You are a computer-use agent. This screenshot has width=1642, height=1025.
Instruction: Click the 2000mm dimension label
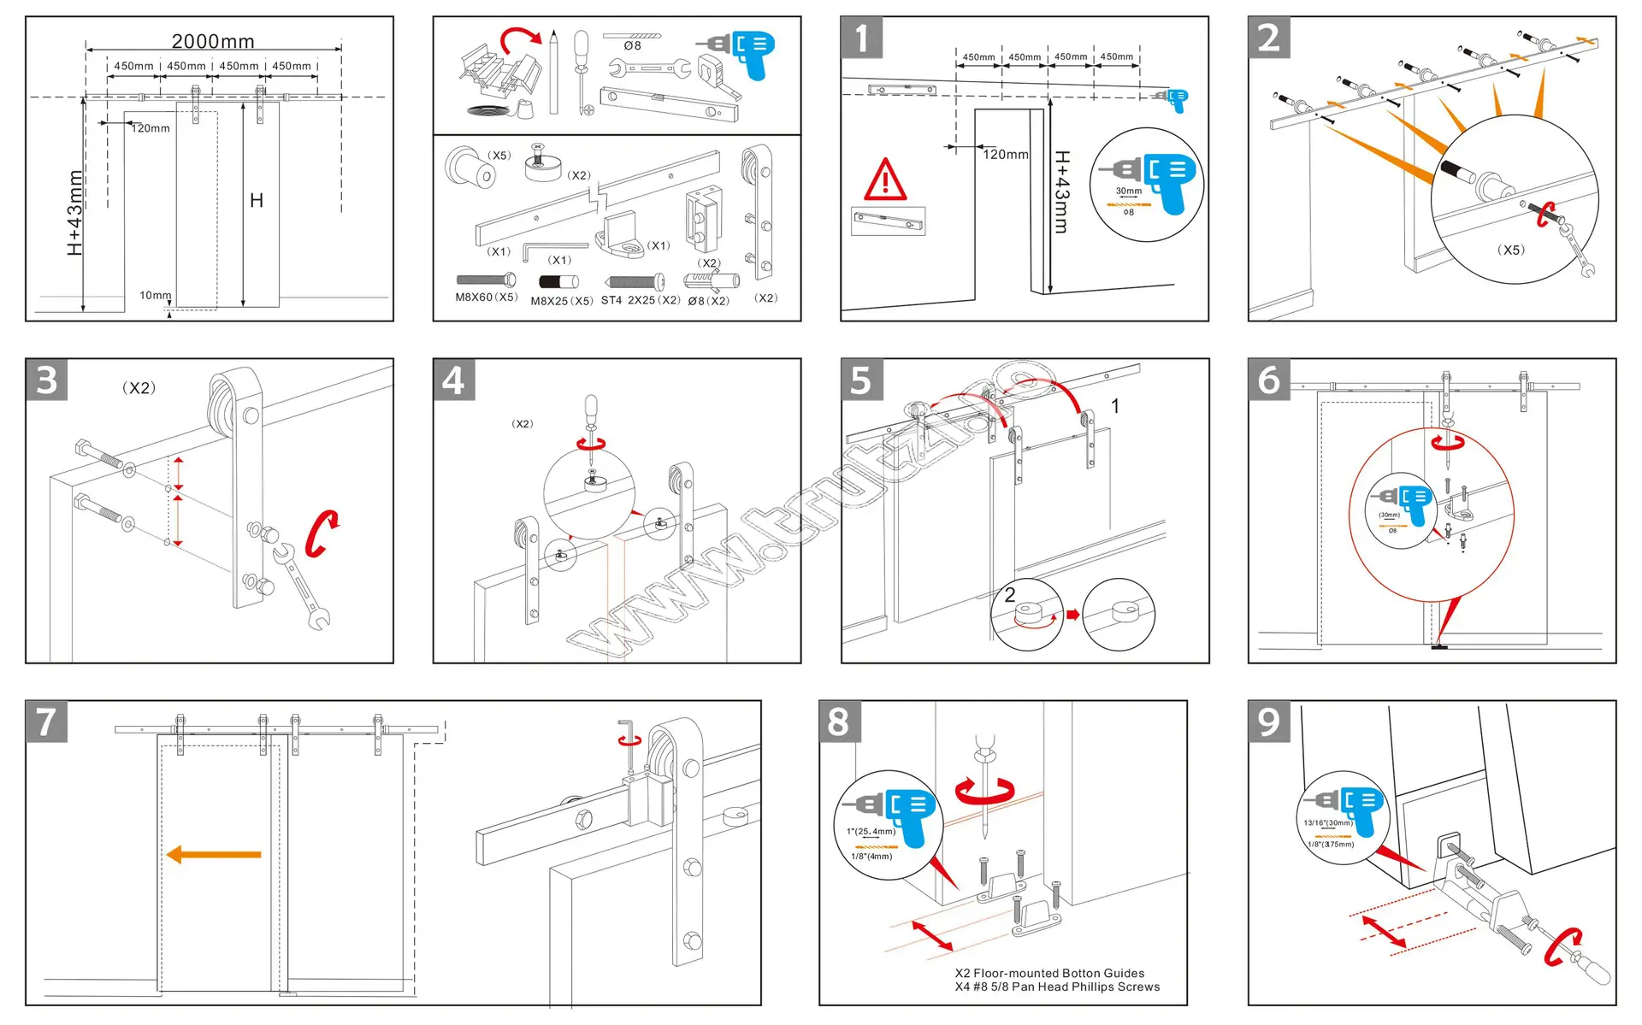(213, 41)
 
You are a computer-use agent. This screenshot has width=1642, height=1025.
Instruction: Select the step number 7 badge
(46, 722)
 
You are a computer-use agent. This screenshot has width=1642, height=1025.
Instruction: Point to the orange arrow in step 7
(214, 854)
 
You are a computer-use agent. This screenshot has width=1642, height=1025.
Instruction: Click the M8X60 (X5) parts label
(486, 297)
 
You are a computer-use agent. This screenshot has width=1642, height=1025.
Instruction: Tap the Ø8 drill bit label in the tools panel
(632, 46)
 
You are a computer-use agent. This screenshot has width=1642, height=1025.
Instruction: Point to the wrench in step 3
(301, 586)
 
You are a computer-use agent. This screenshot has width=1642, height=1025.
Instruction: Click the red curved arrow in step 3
(322, 533)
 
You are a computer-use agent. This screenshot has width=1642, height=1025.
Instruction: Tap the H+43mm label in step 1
(1061, 192)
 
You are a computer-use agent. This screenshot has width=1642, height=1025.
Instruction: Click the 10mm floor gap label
(155, 296)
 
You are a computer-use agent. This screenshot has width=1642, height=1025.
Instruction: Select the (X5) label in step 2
(1510, 250)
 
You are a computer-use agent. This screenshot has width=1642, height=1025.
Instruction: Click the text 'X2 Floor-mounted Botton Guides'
(1049, 973)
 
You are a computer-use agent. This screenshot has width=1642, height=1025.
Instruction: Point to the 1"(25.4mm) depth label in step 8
(871, 831)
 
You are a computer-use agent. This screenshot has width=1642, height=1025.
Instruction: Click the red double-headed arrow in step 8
(932, 935)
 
